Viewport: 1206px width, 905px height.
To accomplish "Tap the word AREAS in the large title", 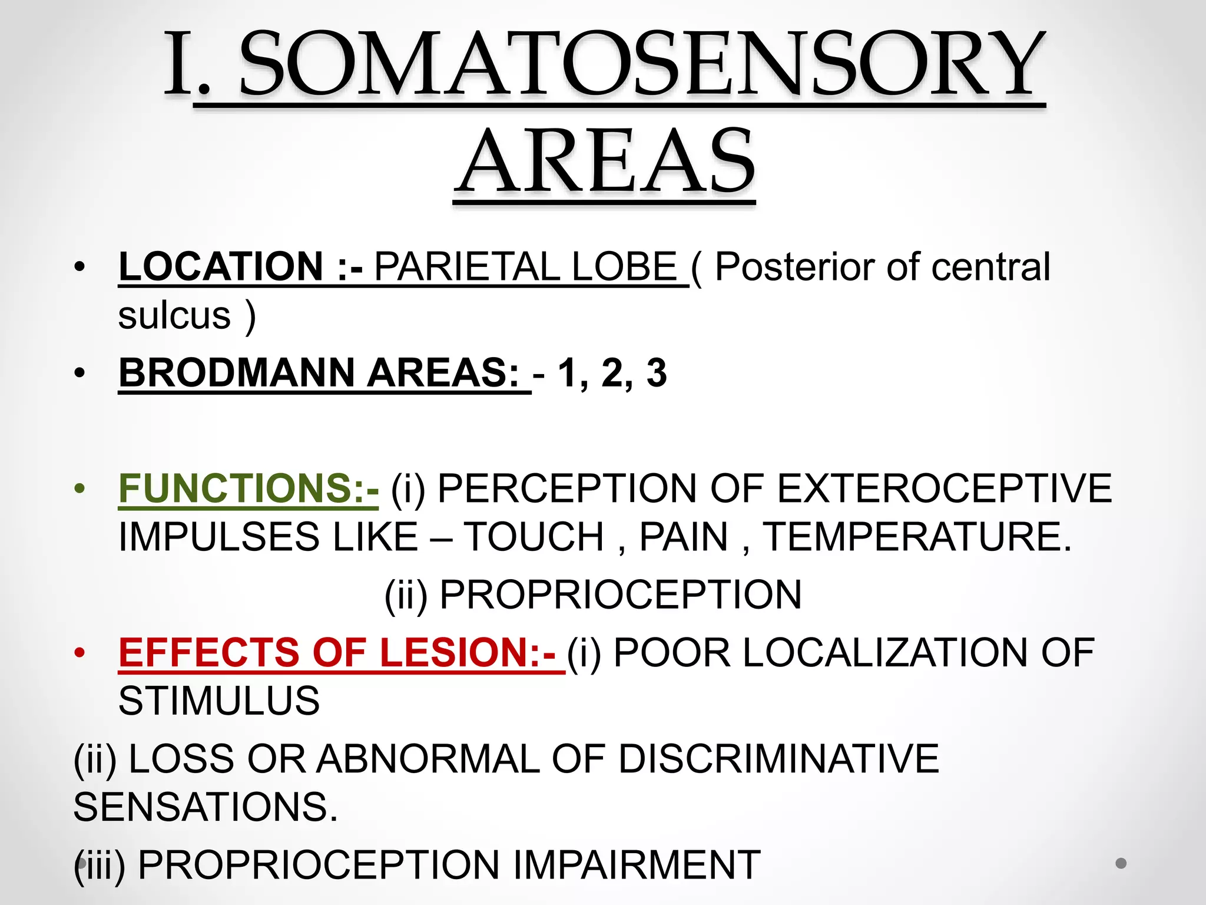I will (x=605, y=162).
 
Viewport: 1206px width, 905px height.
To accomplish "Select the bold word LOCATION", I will (x=221, y=266).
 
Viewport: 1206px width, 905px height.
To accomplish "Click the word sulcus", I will (x=174, y=315).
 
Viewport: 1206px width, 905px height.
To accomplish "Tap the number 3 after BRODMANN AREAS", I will (x=656, y=372).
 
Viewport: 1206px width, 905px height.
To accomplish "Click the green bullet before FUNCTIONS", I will (x=80, y=488).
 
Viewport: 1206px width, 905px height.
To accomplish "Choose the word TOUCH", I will (x=534, y=537).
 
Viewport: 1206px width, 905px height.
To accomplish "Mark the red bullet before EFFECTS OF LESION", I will (x=80, y=653).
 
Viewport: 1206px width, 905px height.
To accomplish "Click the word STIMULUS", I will (x=219, y=701).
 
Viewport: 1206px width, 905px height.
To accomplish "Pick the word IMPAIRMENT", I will (x=636, y=865).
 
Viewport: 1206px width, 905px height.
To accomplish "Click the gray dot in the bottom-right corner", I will (x=1121, y=863).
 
